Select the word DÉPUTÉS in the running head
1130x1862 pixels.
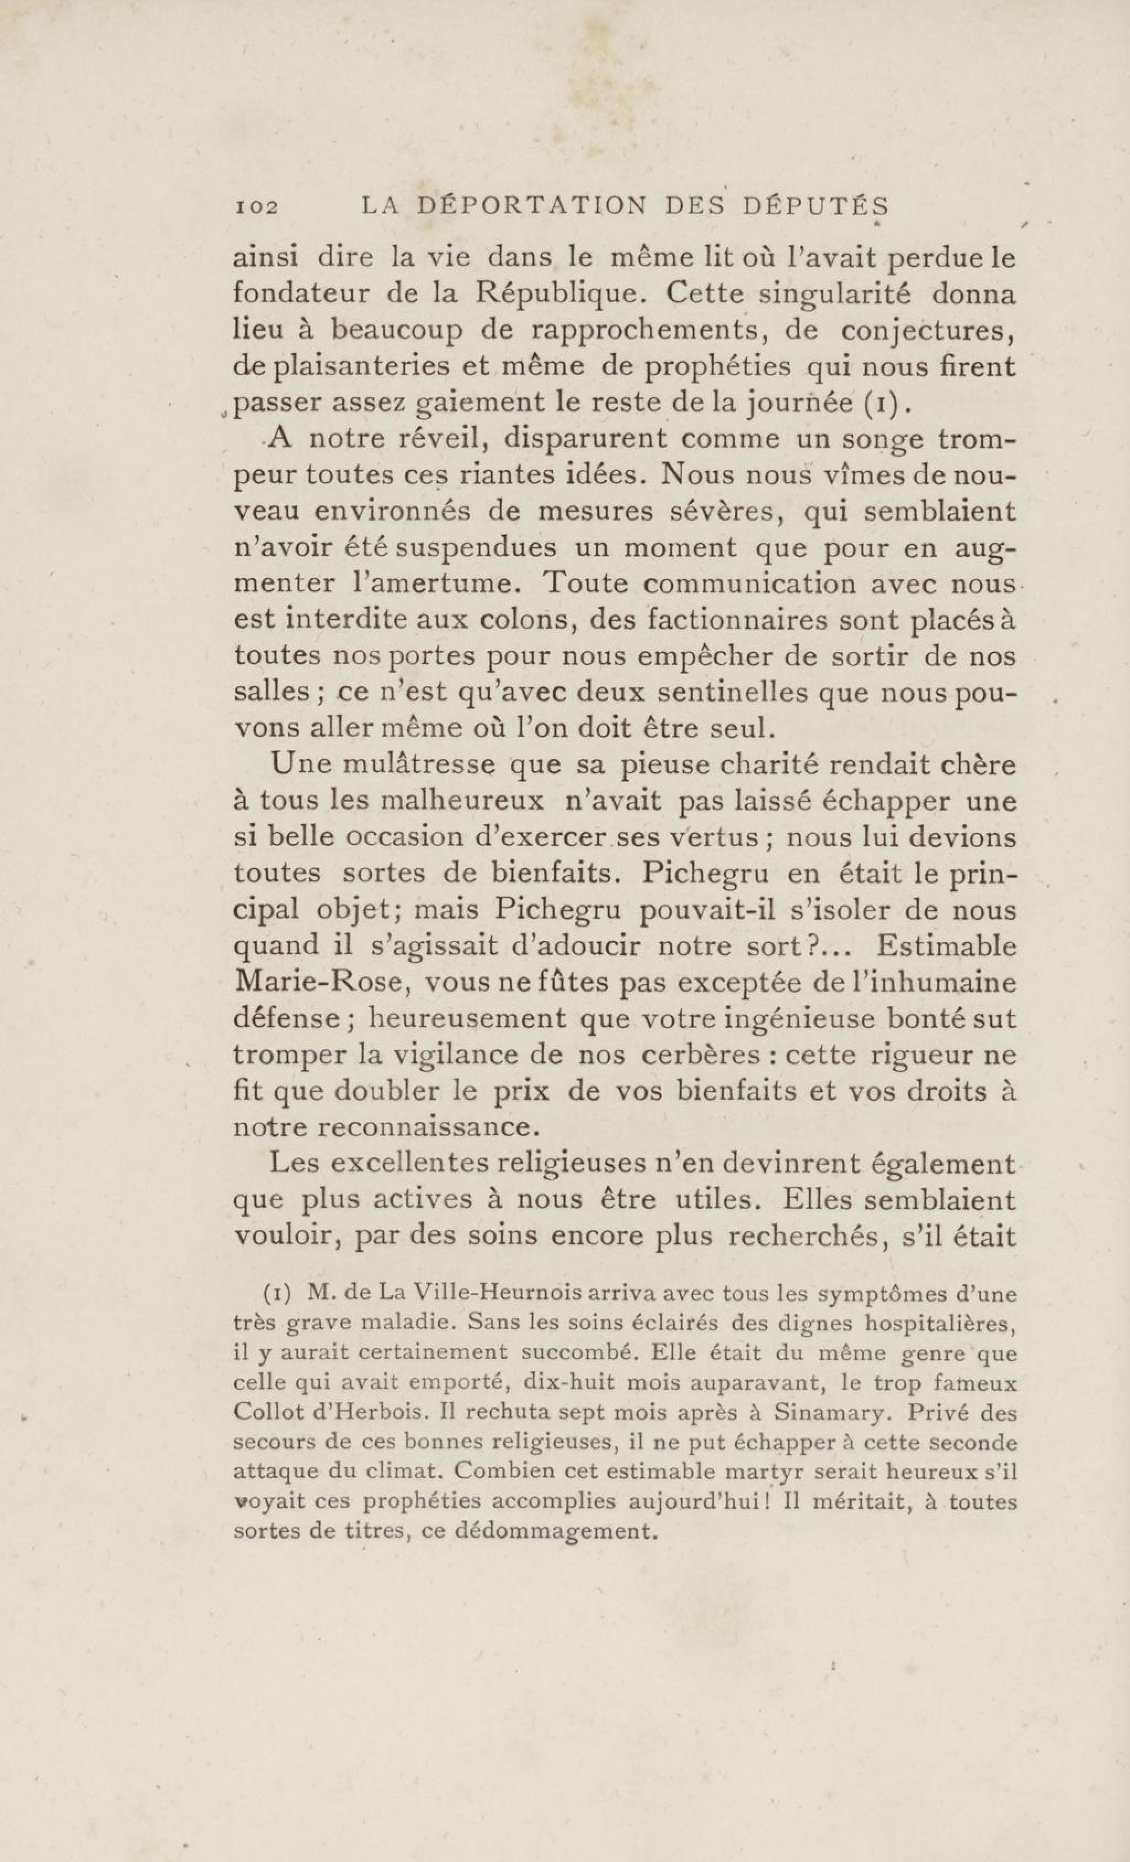coord(815,206)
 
